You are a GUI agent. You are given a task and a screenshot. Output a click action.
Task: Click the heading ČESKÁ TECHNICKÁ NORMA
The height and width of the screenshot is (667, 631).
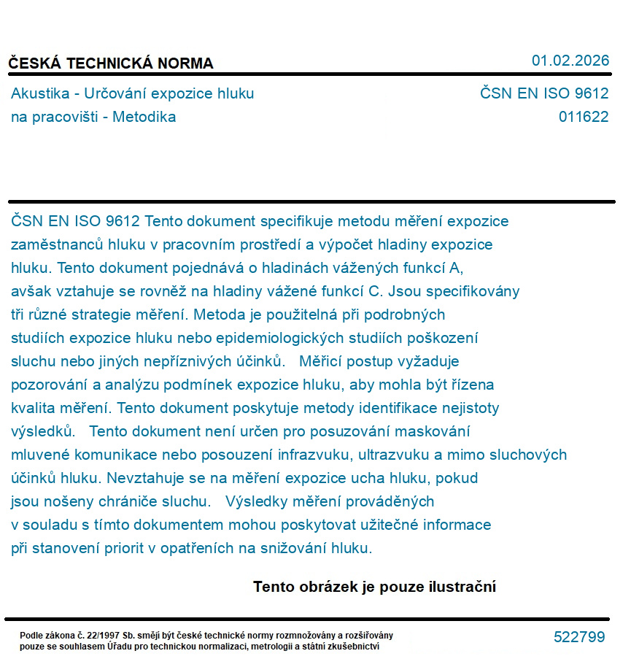(x=111, y=63)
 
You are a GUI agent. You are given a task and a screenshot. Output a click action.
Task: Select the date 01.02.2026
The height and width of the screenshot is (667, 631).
(x=570, y=61)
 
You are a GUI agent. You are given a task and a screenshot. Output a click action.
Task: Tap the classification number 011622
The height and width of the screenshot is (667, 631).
(x=583, y=117)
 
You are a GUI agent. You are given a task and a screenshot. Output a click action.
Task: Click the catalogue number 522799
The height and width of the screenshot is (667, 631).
(x=579, y=637)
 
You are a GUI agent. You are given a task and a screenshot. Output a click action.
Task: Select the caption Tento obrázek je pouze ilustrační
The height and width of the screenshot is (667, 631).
(x=374, y=587)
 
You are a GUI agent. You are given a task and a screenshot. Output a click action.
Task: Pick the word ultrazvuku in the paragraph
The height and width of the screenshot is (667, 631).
(x=393, y=455)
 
